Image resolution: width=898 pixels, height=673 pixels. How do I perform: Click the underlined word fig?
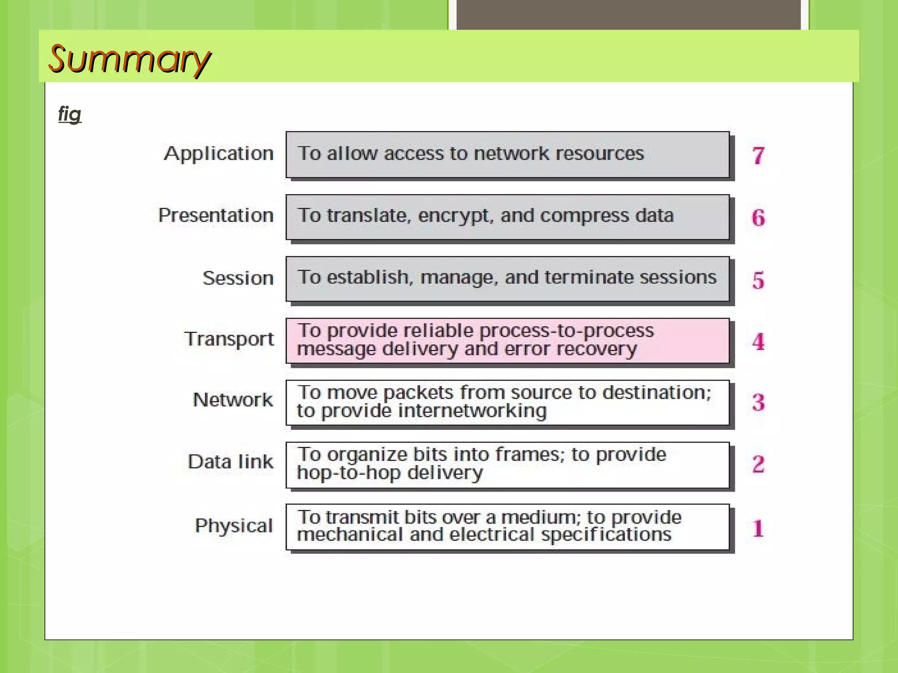click(70, 114)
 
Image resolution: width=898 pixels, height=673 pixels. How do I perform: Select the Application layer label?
click(218, 154)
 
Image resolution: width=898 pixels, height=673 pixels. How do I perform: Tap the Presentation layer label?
click(216, 216)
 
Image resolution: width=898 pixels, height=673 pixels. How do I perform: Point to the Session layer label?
click(238, 278)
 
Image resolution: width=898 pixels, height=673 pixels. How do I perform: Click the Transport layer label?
click(229, 339)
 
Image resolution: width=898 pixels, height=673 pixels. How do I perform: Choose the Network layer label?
click(233, 400)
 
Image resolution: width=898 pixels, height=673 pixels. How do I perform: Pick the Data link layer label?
click(230, 462)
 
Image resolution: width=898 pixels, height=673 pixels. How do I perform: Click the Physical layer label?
click(234, 526)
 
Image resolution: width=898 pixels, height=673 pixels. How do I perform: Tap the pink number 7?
click(758, 156)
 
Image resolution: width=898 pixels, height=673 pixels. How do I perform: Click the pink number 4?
click(758, 341)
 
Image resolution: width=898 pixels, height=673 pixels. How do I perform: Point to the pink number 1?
click(758, 528)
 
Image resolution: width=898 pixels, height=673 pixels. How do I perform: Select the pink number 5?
click(758, 280)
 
